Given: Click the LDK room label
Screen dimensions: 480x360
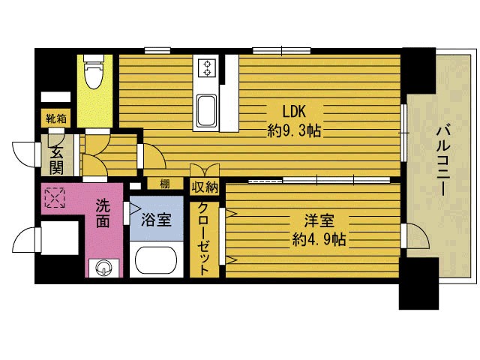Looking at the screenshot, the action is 293,111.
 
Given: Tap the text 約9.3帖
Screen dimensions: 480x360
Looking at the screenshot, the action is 294,130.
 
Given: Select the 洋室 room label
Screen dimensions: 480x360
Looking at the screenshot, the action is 319,220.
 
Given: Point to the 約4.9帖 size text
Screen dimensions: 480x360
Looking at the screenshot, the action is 319,239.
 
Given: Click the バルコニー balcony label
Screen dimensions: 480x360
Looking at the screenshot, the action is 443,160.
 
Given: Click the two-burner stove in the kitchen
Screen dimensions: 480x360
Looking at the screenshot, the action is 207,68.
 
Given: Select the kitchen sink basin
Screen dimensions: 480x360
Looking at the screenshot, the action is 206,110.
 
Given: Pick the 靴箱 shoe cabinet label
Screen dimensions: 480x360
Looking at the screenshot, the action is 56,118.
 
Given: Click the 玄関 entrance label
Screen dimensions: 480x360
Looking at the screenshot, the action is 56,160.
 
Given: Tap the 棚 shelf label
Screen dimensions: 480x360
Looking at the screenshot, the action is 165,184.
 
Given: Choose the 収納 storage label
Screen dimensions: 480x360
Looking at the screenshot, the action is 205,187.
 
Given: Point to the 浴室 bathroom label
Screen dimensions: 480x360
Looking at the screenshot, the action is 156,220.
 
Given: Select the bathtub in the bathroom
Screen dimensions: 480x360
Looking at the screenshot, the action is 156,260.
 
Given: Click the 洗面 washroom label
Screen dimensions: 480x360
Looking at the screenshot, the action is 103,213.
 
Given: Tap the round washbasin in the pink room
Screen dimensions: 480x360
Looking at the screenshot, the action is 103,268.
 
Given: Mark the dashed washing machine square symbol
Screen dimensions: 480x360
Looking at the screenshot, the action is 55,198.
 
